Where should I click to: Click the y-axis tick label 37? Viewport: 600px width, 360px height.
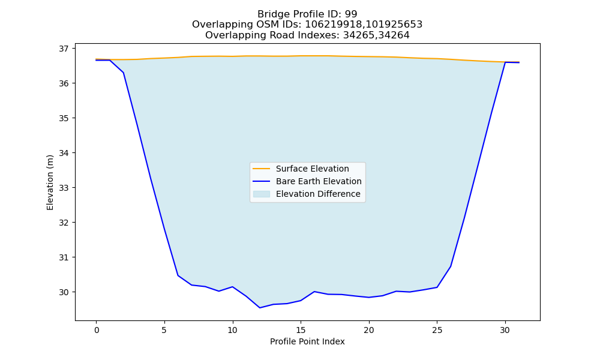[64, 49]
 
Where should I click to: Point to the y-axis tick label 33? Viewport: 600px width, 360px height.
[64, 188]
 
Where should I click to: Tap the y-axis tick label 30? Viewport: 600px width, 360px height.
[64, 292]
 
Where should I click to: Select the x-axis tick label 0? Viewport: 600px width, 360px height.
[97, 330]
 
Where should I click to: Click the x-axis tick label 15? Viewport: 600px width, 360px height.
[301, 330]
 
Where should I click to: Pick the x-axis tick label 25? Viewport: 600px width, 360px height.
[437, 330]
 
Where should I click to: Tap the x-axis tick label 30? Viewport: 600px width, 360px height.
[505, 330]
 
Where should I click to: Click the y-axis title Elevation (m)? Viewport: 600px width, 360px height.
[50, 182]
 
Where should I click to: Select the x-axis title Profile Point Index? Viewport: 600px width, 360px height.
[307, 341]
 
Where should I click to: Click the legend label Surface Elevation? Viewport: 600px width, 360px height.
[312, 169]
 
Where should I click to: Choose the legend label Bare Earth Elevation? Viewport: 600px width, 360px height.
[319, 181]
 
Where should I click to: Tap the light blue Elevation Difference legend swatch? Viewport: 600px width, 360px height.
[262, 194]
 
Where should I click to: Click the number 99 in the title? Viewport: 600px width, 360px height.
[351, 14]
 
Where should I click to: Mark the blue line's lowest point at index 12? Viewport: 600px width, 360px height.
[260, 308]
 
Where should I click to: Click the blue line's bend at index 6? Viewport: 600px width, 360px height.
[178, 275]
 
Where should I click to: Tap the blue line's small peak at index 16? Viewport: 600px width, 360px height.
[314, 292]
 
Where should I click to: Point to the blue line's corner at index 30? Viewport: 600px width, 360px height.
[505, 62]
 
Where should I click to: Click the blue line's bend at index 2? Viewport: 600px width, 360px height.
[123, 73]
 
